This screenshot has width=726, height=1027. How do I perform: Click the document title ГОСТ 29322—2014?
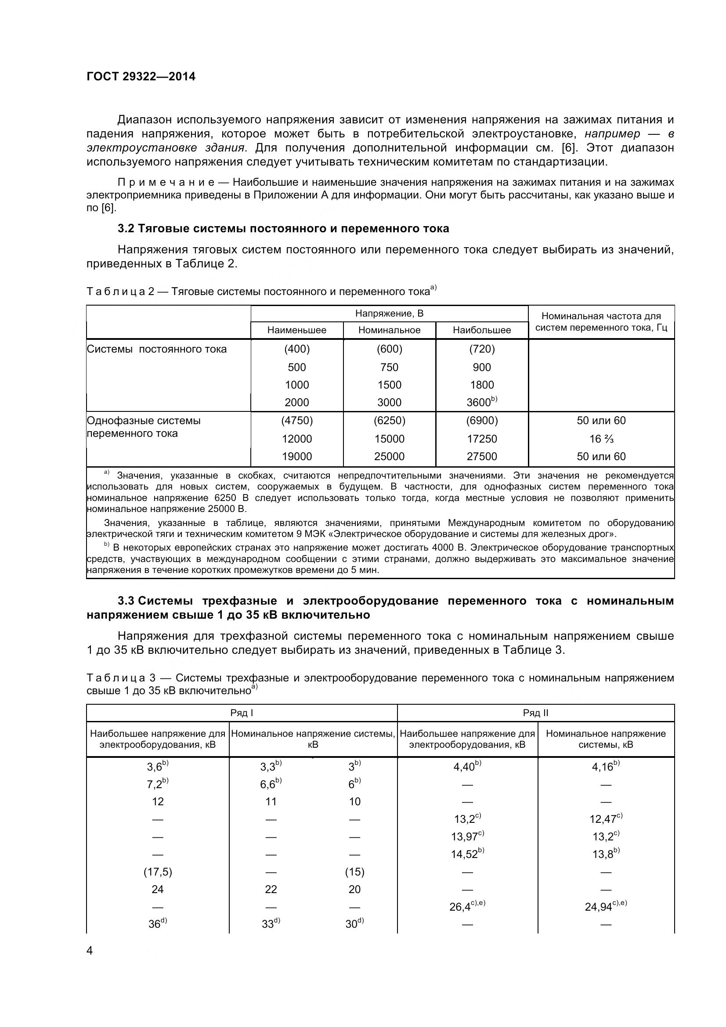141,76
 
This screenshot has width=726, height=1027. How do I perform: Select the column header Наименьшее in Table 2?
296,330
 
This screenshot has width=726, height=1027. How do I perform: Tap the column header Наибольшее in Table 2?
482,330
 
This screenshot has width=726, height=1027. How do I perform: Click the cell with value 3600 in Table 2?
479,402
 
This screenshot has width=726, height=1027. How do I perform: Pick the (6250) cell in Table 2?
389,421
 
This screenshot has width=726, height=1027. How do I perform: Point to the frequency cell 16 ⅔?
601,439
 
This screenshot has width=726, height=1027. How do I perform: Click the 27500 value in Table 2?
482,456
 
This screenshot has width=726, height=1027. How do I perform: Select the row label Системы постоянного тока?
156,349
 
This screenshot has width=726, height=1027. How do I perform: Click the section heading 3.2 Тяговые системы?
283,229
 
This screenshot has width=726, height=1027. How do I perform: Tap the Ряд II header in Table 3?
535,713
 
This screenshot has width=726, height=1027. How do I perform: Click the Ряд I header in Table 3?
242,713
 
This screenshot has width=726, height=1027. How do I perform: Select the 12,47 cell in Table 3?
603,819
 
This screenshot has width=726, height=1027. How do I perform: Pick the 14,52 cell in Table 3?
465,854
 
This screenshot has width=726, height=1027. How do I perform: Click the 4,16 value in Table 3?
603,767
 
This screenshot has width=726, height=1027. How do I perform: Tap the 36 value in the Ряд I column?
155,924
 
